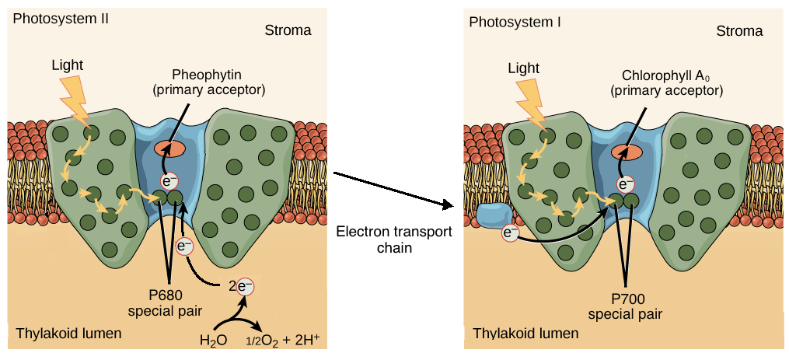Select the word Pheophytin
tap(208, 75)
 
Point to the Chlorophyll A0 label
tap(667, 76)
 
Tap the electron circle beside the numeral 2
tap(245, 287)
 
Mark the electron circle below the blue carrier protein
tap(510, 232)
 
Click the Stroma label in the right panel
tap(738, 31)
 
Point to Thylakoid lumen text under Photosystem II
tap(68, 334)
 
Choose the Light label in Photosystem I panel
tap(523, 68)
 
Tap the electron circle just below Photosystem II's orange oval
tap(169, 181)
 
